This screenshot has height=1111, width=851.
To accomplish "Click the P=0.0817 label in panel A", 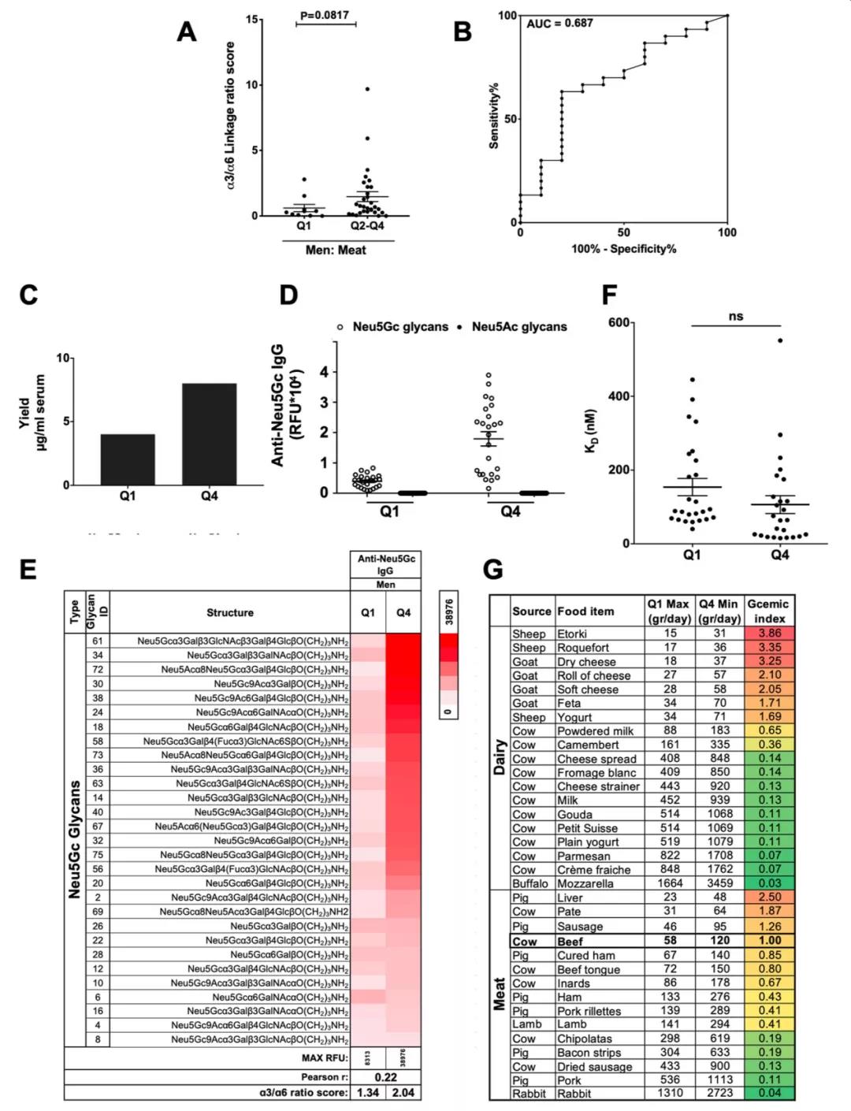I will [x=326, y=14].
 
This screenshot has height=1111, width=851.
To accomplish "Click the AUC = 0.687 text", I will [x=560, y=24].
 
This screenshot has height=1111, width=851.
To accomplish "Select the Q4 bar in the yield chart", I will [x=209, y=434].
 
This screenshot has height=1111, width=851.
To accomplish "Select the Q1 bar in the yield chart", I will [x=128, y=459].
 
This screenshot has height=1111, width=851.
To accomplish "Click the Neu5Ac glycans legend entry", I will [x=518, y=327].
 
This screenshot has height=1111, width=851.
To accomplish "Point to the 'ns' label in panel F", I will [x=736, y=317].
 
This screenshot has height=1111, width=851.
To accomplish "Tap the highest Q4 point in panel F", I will [x=780, y=340].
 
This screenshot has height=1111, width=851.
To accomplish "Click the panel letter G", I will [x=492, y=570].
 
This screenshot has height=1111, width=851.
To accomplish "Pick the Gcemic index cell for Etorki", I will [x=770, y=634].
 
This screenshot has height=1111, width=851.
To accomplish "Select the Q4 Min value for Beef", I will [x=719, y=941].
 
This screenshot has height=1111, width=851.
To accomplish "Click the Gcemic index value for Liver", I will [x=770, y=897].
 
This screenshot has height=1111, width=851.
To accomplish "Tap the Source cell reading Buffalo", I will [x=530, y=883].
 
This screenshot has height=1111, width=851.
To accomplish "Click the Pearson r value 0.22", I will [x=386, y=1077].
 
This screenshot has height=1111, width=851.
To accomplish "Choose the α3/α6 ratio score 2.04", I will [x=403, y=1092].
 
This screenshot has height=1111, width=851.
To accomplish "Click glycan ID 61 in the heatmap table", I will [x=98, y=641].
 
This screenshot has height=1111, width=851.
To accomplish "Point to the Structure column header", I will [x=230, y=612].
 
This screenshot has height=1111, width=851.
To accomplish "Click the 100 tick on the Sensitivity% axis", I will [x=507, y=16].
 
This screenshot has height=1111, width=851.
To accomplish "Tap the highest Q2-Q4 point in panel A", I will [x=367, y=89].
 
